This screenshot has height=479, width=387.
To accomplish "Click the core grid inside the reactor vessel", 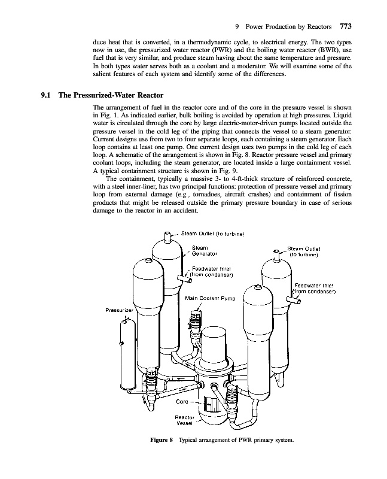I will coord(212,405).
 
